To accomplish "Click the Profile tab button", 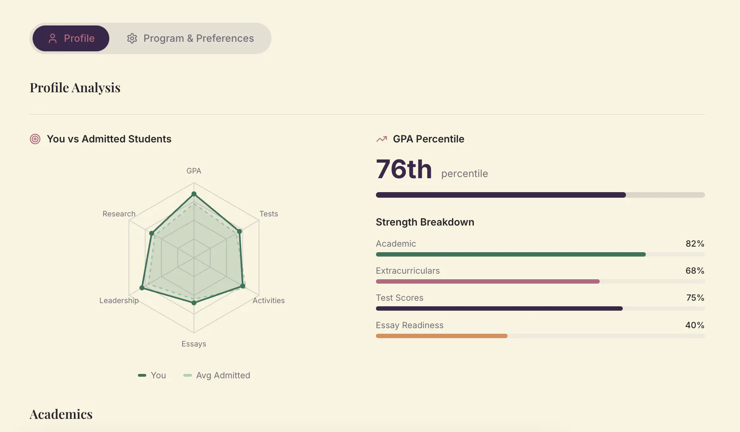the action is (71, 38).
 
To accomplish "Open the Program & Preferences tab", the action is (190, 38).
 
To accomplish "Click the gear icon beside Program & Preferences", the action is (132, 38).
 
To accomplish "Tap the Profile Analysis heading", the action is (75, 88).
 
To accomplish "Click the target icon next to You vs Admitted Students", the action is (35, 139).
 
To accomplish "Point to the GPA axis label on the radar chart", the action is (194, 171).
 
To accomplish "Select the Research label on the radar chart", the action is (119, 214).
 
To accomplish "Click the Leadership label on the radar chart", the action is (119, 300).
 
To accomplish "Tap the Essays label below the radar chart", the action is (194, 344).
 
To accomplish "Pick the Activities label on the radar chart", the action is (269, 300).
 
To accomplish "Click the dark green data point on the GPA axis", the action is (194, 194).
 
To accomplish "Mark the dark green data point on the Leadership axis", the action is (142, 288).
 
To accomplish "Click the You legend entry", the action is (152, 375).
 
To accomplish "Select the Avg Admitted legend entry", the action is (217, 375).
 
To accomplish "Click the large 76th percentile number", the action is (404, 169).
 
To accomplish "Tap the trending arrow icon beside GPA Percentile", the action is (382, 139).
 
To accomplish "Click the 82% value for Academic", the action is (695, 243).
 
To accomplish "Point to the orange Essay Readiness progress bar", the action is (442, 336).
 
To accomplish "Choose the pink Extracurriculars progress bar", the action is (488, 281).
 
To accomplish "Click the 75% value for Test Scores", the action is (695, 298).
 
